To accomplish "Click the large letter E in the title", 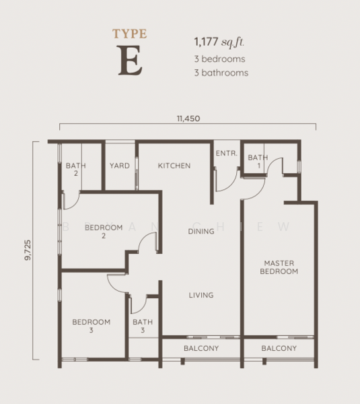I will pyautogui.click(x=130, y=61).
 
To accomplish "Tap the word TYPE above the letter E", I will pyautogui.click(x=130, y=33).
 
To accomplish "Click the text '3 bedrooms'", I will pyautogui.click(x=219, y=59).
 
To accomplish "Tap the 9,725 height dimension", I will pyautogui.click(x=27, y=248).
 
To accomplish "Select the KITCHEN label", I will pyautogui.click(x=174, y=166).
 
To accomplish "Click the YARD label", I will pyautogui.click(x=120, y=166).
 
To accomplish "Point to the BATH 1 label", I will pyautogui.click(x=258, y=162).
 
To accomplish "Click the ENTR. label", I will pyautogui.click(x=226, y=154).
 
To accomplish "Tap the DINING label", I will pyautogui.click(x=201, y=231).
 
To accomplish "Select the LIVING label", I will pyautogui.click(x=201, y=295).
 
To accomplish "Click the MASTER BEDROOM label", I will pyautogui.click(x=281, y=267).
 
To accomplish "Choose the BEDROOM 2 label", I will pyautogui.click(x=104, y=232).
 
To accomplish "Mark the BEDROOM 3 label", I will pyautogui.click(x=92, y=326).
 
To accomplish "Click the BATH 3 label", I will pyautogui.click(x=143, y=326).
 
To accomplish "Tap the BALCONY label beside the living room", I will pyautogui.click(x=201, y=348).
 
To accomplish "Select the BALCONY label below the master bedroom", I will pyautogui.click(x=279, y=348).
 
